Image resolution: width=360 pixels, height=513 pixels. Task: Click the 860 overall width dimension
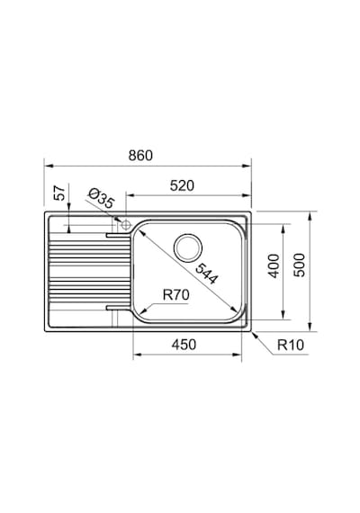click(x=140, y=156)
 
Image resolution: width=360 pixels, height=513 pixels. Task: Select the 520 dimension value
click(x=182, y=185)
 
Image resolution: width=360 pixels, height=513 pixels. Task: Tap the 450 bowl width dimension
click(x=184, y=345)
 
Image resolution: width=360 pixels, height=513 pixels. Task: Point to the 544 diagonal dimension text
click(x=206, y=273)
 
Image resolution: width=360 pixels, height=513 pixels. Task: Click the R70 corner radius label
click(x=176, y=295)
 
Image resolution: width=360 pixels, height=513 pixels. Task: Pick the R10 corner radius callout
click(x=291, y=345)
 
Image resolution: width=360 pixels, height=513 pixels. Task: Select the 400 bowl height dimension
click(x=274, y=265)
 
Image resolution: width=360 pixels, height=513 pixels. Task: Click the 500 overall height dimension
click(x=299, y=265)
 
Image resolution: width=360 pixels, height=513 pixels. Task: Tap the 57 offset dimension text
click(x=59, y=193)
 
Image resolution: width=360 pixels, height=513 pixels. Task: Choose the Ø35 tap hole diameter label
click(x=101, y=199)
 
